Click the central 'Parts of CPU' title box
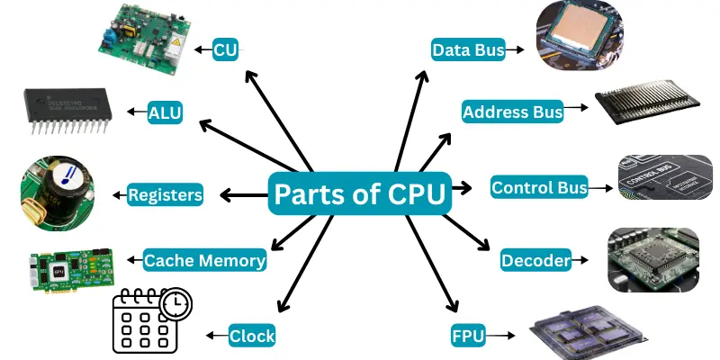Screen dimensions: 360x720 pos(360,193)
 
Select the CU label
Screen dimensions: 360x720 pos(225,49)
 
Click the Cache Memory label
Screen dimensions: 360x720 pos(205,261)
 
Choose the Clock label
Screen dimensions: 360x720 pos(251,336)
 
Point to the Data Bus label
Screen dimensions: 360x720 pos(467,49)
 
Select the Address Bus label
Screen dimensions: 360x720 pos(512,112)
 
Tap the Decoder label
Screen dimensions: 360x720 pos(535,261)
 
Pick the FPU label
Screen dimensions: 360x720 pos(468,337)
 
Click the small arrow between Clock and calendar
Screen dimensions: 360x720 pos(216,336)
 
